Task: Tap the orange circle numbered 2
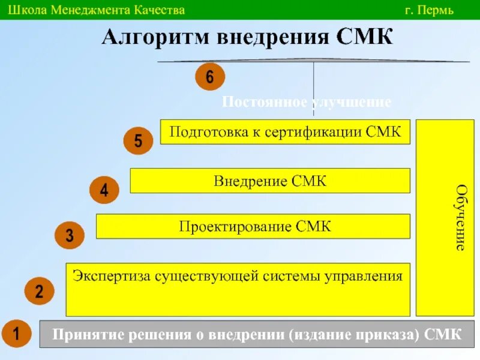(x=39, y=292)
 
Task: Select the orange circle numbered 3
(x=70, y=235)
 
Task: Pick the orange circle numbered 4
(x=104, y=191)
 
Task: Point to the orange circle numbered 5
(x=139, y=142)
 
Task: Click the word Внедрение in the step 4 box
(x=252, y=181)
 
